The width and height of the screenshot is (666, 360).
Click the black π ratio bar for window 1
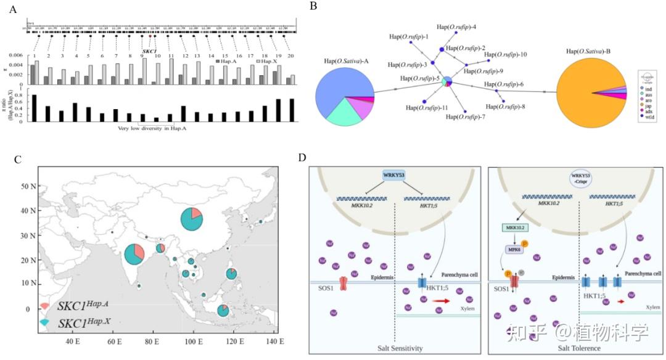(x=35, y=108)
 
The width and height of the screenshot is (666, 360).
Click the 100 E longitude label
(x=192, y=341)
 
